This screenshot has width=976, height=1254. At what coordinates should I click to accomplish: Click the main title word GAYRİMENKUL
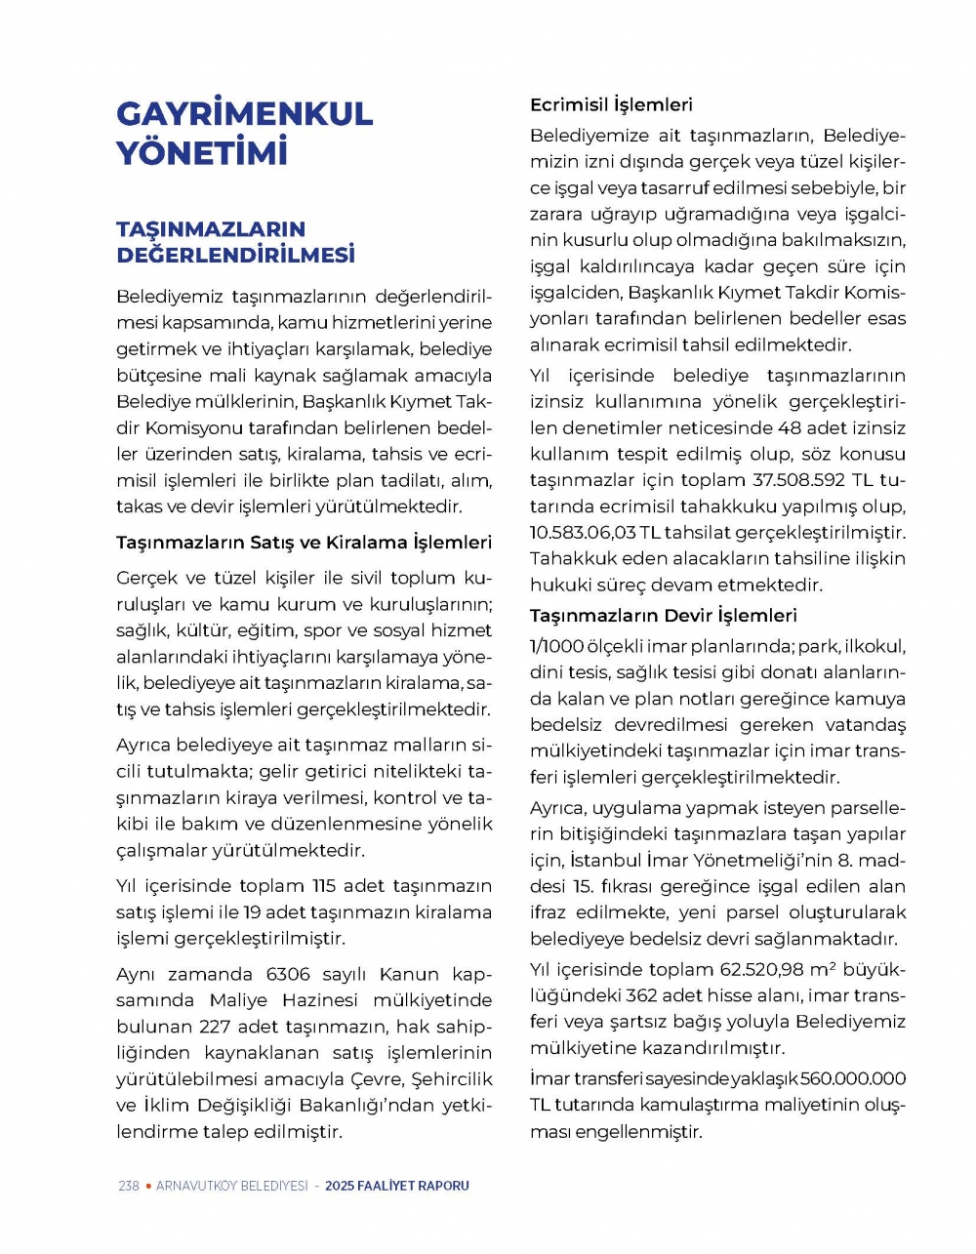tap(244, 113)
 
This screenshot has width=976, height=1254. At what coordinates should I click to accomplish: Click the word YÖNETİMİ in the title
tap(202, 153)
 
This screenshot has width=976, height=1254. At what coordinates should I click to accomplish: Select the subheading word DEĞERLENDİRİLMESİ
tap(235, 256)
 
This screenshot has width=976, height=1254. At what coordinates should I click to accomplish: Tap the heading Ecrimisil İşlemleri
tap(611, 104)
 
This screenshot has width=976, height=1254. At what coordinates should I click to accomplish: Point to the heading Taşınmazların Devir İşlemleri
tap(663, 616)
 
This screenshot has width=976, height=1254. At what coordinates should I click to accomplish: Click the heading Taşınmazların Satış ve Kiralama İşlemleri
tap(304, 543)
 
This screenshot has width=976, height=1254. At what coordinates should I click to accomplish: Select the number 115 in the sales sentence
tap(324, 886)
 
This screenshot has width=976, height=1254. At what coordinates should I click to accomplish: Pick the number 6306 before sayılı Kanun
tap(288, 974)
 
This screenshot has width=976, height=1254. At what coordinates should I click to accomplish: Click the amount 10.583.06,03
tap(583, 533)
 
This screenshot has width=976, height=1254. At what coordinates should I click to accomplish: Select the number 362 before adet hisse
tap(641, 996)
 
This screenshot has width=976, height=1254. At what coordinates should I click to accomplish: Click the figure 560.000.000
tap(853, 1079)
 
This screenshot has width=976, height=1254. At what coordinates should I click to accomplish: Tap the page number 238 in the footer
tap(128, 1186)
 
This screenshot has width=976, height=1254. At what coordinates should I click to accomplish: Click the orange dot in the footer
tap(147, 1186)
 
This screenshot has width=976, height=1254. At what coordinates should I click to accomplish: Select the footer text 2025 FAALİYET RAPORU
tap(396, 1186)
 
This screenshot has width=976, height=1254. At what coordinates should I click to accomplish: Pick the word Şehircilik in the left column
tap(453, 1079)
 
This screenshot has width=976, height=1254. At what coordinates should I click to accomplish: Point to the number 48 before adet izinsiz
tap(791, 428)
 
